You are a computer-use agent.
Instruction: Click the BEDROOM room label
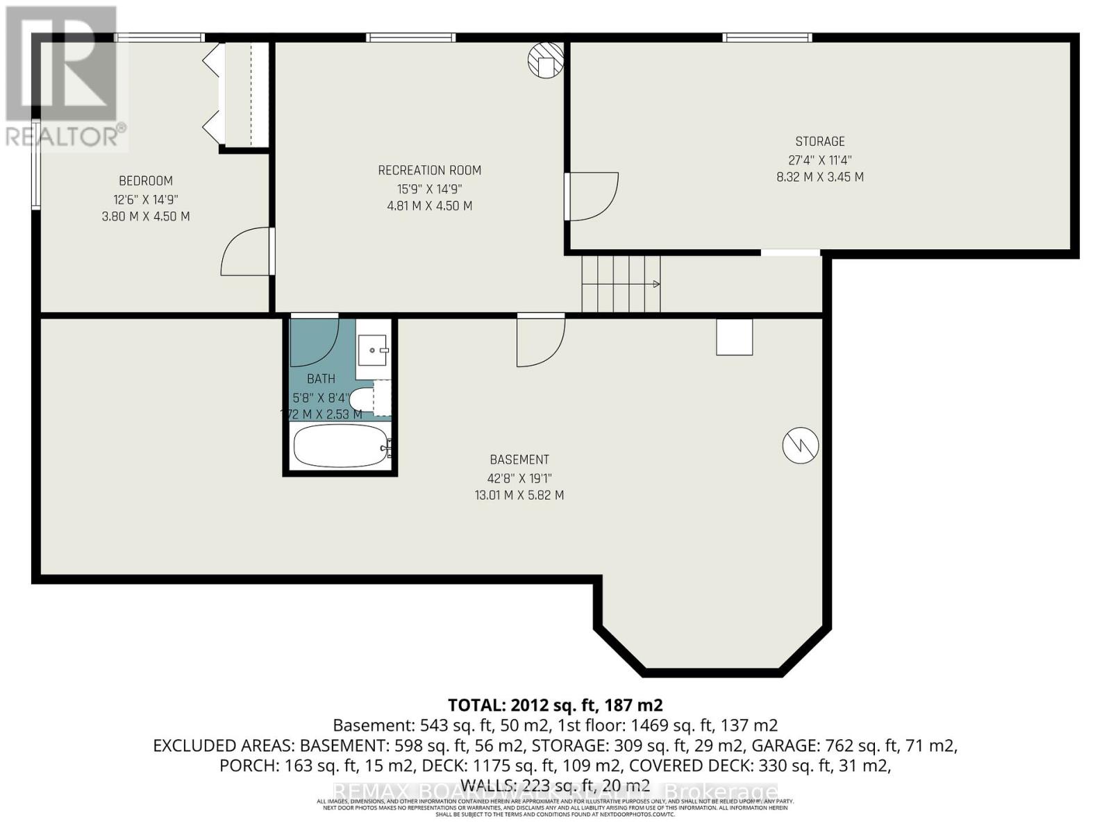(x=146, y=181)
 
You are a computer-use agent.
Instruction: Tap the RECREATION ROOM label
(x=429, y=170)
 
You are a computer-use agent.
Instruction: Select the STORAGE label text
(x=820, y=142)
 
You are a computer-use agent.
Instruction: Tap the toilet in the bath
(x=362, y=401)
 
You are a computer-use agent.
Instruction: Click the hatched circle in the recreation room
(x=546, y=60)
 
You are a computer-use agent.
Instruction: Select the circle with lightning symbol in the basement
(x=800, y=445)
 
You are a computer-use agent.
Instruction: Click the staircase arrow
(x=655, y=284)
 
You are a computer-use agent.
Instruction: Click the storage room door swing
(x=592, y=196)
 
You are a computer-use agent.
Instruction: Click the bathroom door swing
(x=314, y=342)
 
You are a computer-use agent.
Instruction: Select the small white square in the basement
(x=735, y=337)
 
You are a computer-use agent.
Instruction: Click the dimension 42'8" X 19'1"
(x=519, y=478)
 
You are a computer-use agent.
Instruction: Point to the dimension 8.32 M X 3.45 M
(x=820, y=177)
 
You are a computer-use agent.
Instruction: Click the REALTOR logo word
(x=66, y=135)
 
